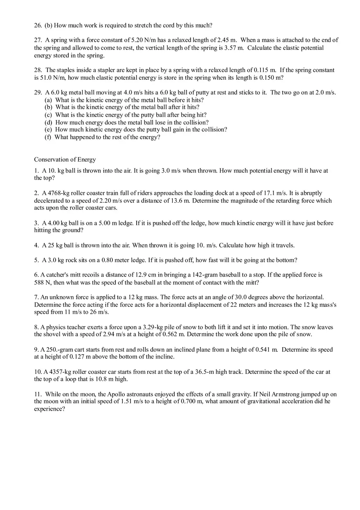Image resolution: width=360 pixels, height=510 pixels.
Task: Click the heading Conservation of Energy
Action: point(65,160)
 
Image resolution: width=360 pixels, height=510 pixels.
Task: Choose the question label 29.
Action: point(38,92)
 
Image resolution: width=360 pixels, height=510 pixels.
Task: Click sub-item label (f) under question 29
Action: point(48,137)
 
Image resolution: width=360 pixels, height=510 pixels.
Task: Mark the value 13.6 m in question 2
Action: point(180,201)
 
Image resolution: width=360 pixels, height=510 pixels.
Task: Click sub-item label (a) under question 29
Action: point(48,100)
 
